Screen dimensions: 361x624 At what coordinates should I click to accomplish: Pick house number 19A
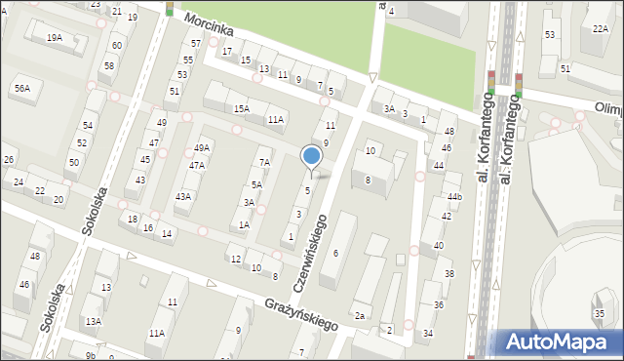[x=55, y=37]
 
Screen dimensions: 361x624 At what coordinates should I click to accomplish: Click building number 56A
[x=21, y=89]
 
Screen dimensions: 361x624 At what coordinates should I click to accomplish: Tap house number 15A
[x=242, y=108]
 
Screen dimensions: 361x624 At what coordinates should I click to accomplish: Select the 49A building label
[x=201, y=148]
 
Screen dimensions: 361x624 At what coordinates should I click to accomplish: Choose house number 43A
[x=182, y=196]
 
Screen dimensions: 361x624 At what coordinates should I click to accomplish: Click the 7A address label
[x=263, y=163]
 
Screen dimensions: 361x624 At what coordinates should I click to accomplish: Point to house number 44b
[x=454, y=197]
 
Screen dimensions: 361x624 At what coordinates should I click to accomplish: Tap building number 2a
[x=360, y=315]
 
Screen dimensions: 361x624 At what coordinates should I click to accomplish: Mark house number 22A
[x=600, y=29]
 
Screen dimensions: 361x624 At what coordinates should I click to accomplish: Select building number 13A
[x=93, y=321]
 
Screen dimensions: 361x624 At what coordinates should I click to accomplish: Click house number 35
[x=599, y=313]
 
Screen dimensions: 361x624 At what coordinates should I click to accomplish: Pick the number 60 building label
[x=117, y=46]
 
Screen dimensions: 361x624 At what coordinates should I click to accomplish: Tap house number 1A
[x=245, y=224]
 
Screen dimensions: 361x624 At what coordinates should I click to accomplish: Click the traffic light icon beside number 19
[x=169, y=9]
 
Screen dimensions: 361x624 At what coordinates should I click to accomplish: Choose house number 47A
[x=197, y=165]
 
